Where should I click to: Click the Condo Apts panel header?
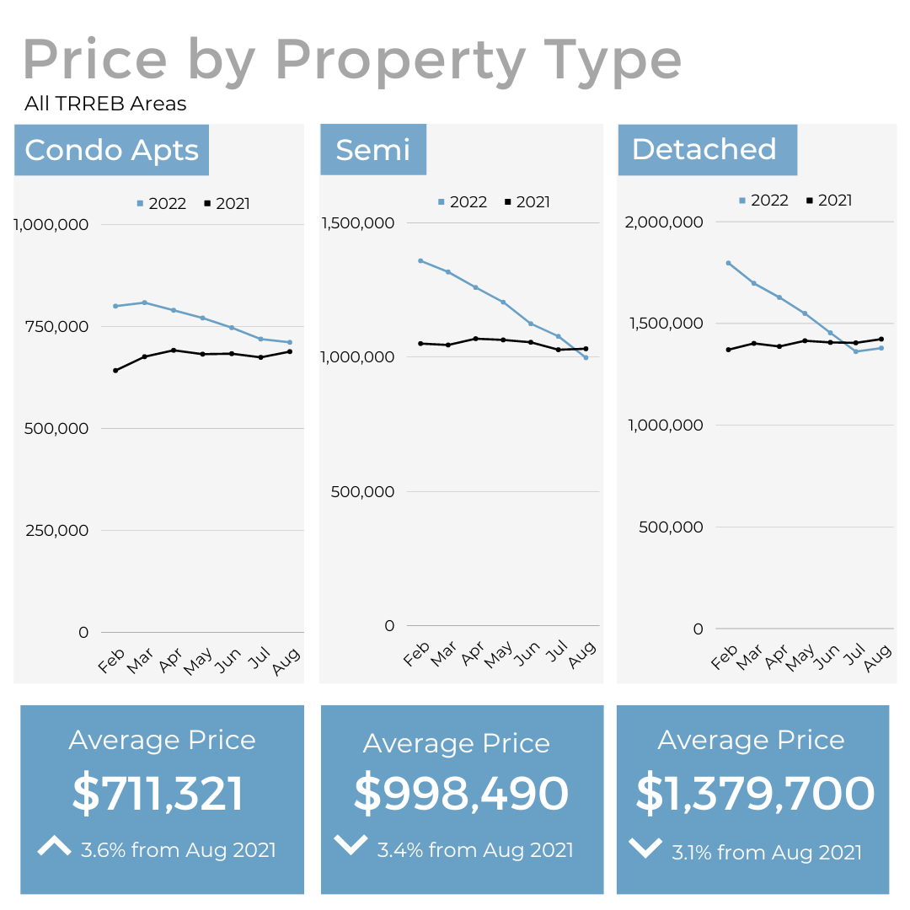point(111,150)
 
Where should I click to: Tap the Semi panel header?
point(372,150)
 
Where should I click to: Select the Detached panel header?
point(704,150)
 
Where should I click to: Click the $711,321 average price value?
point(158,794)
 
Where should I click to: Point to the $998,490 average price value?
point(461,794)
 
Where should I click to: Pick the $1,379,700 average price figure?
point(755,794)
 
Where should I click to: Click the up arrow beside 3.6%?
point(55,846)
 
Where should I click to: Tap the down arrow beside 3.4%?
point(351,844)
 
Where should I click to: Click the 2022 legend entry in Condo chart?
point(161,204)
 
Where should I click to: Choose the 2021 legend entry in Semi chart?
point(527,202)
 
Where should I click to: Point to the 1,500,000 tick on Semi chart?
point(358,222)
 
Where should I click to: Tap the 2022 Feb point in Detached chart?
point(727,263)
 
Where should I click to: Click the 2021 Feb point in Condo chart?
point(115,370)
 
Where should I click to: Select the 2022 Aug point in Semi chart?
point(586,357)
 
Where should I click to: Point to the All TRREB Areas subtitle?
point(105,104)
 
